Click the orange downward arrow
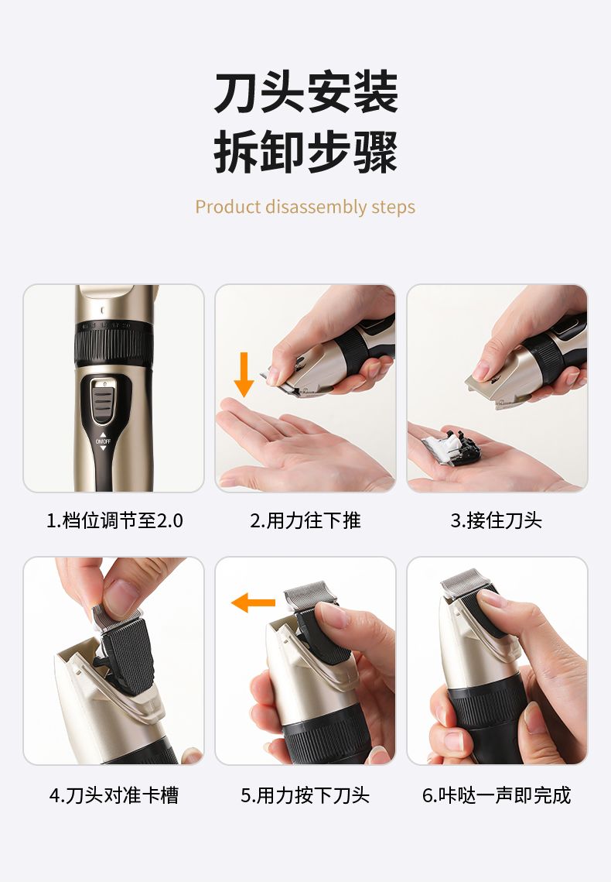coord(244,374)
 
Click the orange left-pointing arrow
coord(253,602)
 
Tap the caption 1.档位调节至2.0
coord(114,520)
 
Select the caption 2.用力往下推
coord(305,520)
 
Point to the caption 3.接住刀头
coord(497,520)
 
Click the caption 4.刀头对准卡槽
coord(114,795)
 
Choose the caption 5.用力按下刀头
coord(305,795)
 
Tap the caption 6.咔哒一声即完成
coord(497,795)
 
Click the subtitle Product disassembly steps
coord(305,207)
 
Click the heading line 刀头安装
coord(305,92)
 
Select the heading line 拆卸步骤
coord(305,152)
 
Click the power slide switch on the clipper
coord(104,400)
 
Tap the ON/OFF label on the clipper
coord(103,441)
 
